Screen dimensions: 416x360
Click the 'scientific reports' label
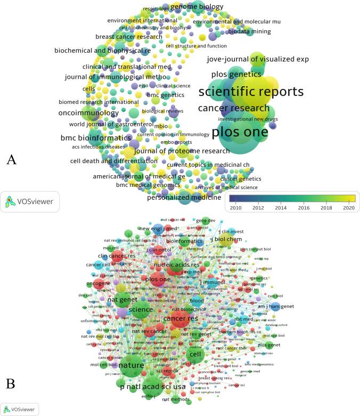251,92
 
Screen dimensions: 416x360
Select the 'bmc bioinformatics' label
92,138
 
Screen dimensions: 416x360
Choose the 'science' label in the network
141,309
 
